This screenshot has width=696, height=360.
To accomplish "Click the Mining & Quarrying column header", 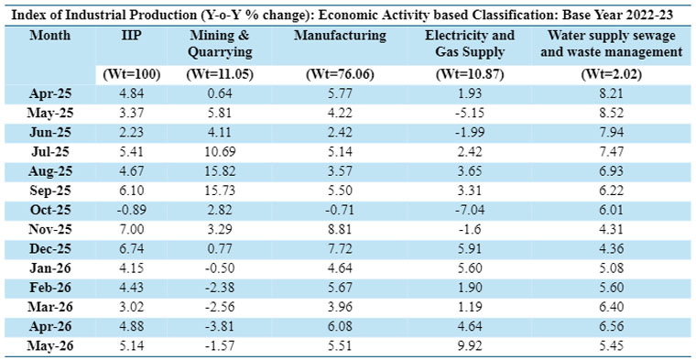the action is pyautogui.click(x=220, y=44).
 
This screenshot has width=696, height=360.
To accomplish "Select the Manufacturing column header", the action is pyautogui.click(x=340, y=36).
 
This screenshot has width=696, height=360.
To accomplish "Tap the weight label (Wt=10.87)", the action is pyautogui.click(x=470, y=75).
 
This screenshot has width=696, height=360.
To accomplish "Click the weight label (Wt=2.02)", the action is pyautogui.click(x=611, y=75).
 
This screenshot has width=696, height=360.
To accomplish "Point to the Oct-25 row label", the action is pyautogui.click(x=50, y=210).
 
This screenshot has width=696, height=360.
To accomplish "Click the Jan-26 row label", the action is pyautogui.click(x=50, y=267).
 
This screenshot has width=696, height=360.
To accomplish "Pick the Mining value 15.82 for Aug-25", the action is pyautogui.click(x=220, y=171).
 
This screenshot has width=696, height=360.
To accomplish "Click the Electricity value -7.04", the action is pyautogui.click(x=470, y=210).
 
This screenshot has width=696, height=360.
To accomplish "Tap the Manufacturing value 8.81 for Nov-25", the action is pyautogui.click(x=340, y=229).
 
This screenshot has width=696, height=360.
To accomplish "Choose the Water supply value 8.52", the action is pyautogui.click(x=611, y=114).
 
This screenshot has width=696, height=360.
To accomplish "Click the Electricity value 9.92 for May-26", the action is pyautogui.click(x=470, y=345).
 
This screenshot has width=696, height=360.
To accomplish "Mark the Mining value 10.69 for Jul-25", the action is pyautogui.click(x=220, y=152).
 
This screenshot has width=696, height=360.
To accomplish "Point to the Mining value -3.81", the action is pyautogui.click(x=220, y=326).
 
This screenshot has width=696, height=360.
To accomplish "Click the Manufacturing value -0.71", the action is pyautogui.click(x=340, y=210).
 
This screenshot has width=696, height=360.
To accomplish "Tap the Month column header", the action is pyautogui.click(x=50, y=36).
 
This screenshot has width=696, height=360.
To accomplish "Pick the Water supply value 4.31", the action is pyautogui.click(x=611, y=229).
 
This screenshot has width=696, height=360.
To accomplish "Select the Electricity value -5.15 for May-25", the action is pyautogui.click(x=470, y=114).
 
